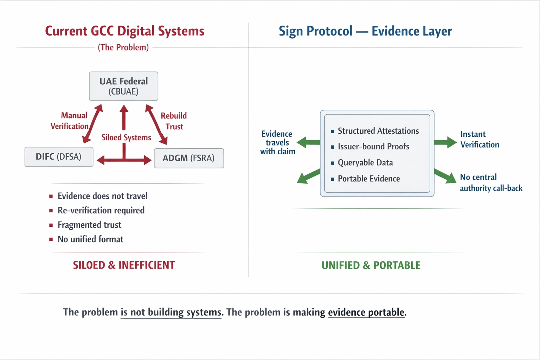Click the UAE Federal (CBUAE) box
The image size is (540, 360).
pos(123,86)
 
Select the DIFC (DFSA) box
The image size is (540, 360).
pos(59,157)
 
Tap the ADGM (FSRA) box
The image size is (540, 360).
pos(189,158)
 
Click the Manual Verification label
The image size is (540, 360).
pos(70,121)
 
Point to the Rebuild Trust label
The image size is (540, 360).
pos(174,121)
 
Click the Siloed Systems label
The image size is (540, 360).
pos(126,137)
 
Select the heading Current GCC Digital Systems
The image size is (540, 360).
pos(124,31)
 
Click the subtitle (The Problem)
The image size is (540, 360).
pos(123,47)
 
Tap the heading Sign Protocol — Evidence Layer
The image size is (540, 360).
pos(365,31)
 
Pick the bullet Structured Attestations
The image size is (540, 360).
pos(378,131)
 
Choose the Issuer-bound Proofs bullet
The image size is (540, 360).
pos(373,147)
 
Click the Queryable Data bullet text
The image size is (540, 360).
pos(365,163)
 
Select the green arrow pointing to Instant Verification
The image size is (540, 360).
pos(445,142)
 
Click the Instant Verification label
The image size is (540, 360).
pos(480,139)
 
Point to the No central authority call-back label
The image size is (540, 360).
pos(491,182)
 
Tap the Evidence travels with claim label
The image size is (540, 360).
pos(277,143)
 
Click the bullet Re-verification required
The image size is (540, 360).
pos(101,211)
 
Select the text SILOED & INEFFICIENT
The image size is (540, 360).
pos(124,265)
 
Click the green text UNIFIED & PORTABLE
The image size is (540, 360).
pos(371,265)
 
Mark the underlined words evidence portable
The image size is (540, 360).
pos(366,312)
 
